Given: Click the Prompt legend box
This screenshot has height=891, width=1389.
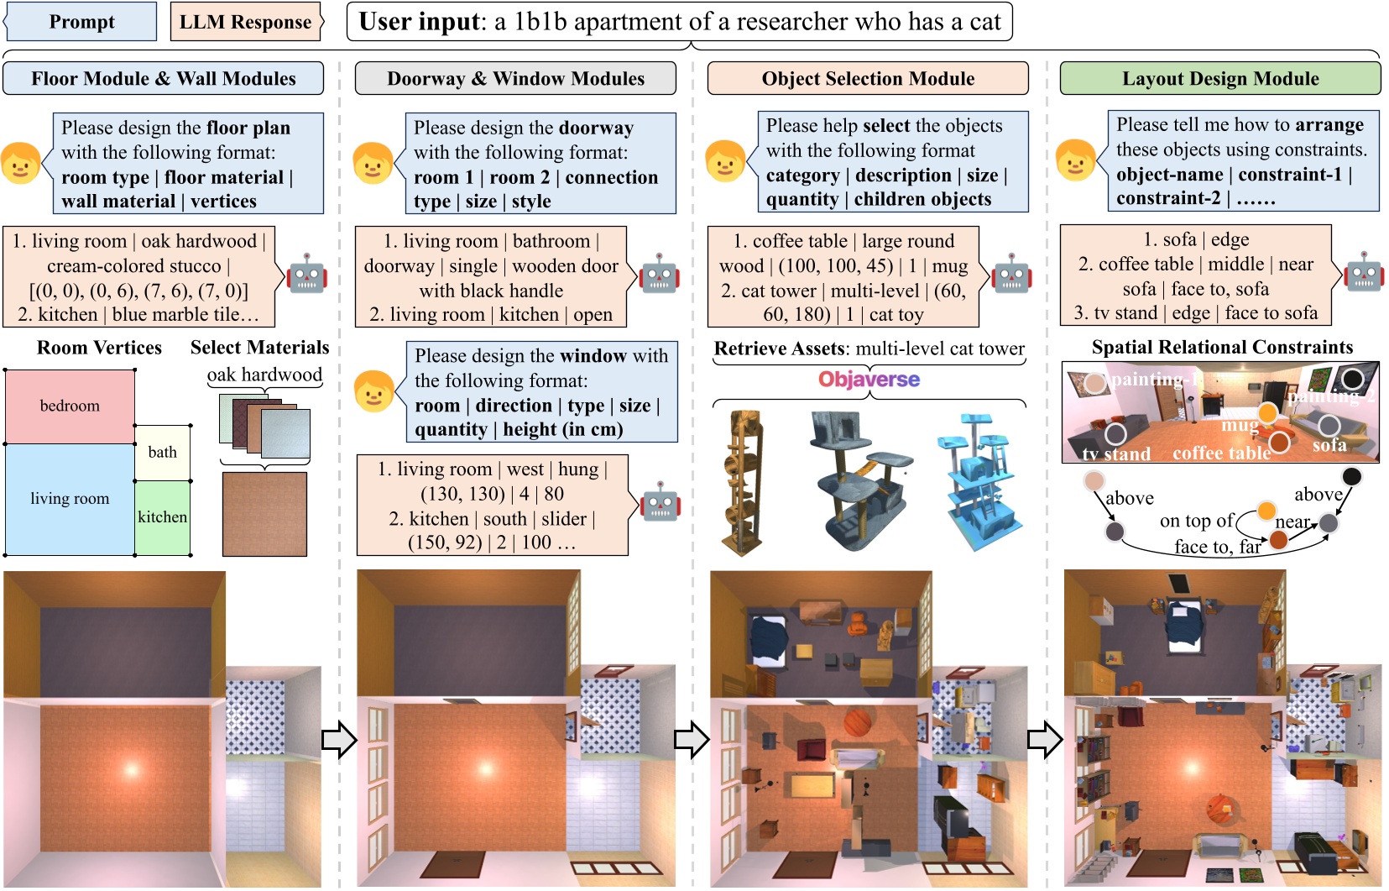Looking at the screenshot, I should tap(81, 22).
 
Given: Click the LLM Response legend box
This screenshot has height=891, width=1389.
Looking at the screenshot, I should tap(245, 22).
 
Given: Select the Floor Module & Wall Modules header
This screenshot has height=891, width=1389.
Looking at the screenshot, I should tap(164, 79).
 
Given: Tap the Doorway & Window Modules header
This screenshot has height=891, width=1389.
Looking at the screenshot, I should tap(515, 79).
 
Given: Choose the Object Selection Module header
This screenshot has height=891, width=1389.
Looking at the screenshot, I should tap(868, 79).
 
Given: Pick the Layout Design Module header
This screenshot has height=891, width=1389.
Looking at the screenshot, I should tap(1220, 79).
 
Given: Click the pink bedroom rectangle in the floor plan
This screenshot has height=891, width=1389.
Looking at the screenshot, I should tap(70, 406).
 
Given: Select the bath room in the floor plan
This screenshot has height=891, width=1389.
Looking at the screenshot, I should tap(163, 453).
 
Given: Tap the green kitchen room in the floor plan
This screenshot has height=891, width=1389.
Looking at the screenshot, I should tap(163, 517).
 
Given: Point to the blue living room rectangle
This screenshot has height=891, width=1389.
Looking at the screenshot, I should tap(70, 499).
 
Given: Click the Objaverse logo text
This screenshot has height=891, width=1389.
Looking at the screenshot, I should tap(869, 380).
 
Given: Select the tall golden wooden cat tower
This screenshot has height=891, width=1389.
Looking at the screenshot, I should tap(744, 483).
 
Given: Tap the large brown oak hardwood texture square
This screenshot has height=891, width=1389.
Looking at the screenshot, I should tap(264, 514).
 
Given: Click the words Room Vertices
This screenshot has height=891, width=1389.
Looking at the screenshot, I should tap(99, 348).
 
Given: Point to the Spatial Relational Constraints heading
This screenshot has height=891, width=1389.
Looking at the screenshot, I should tap(1222, 348).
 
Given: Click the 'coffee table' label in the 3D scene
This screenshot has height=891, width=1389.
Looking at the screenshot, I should tap(1221, 453).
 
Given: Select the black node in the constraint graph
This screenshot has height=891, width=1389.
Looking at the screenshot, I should tap(1351, 477).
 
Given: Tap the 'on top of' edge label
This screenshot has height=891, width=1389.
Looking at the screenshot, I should tap(1196, 521).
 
